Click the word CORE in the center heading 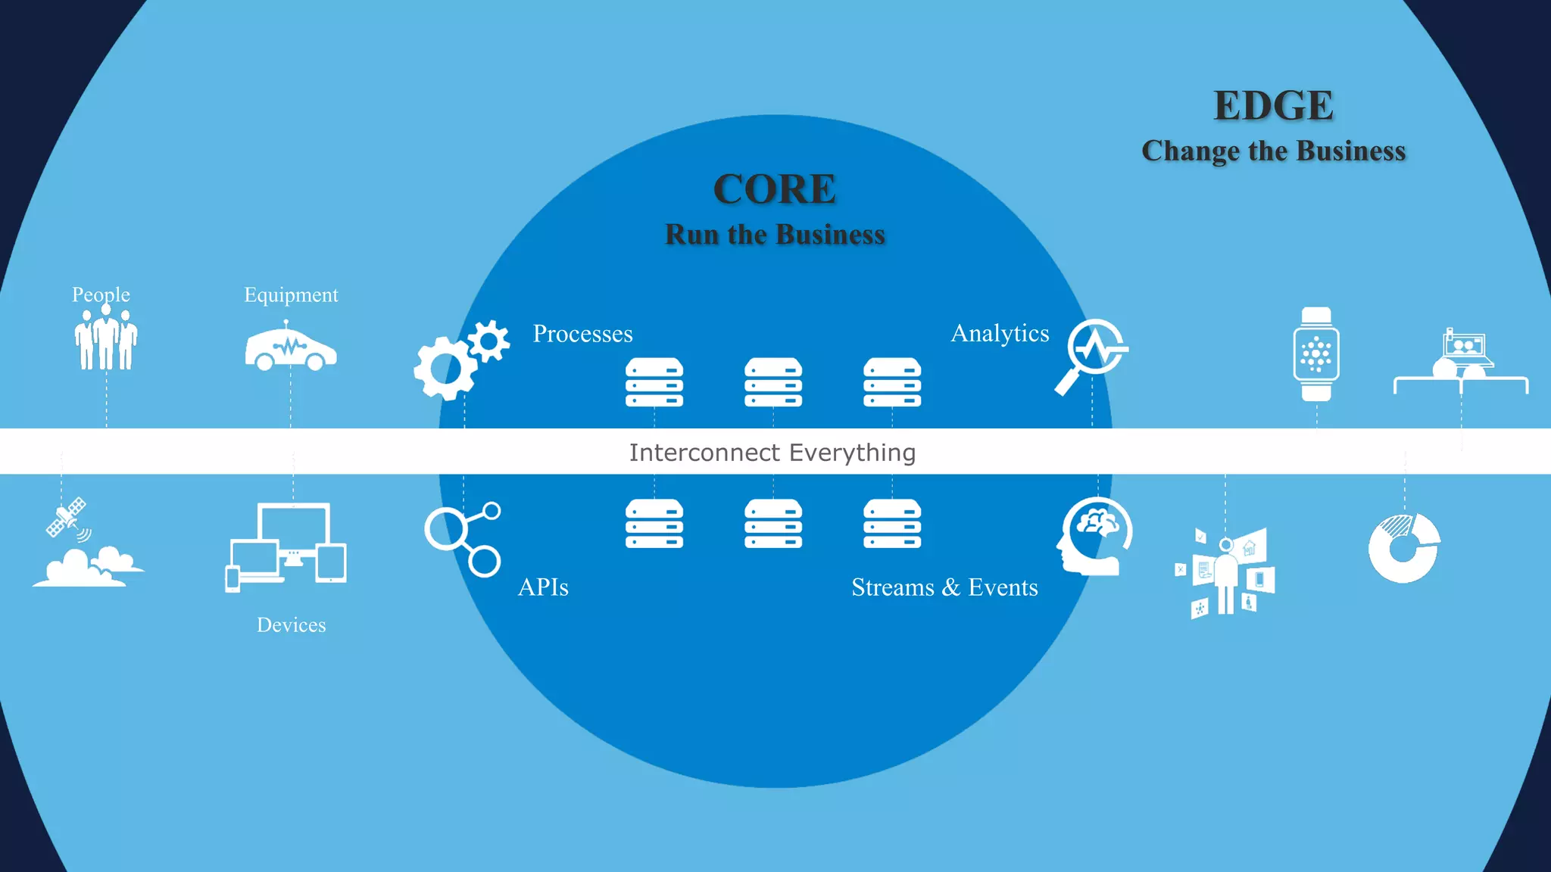click(774, 189)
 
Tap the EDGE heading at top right click(1273, 106)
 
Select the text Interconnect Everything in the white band click(772, 453)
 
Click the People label click(101, 294)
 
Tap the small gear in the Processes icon click(489, 341)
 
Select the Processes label click(582, 334)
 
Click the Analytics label click(1000, 333)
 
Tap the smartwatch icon click(1316, 354)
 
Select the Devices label click(291, 625)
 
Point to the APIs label click(543, 587)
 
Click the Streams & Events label click(944, 587)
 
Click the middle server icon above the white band click(772, 382)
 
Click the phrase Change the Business click(1273, 151)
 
